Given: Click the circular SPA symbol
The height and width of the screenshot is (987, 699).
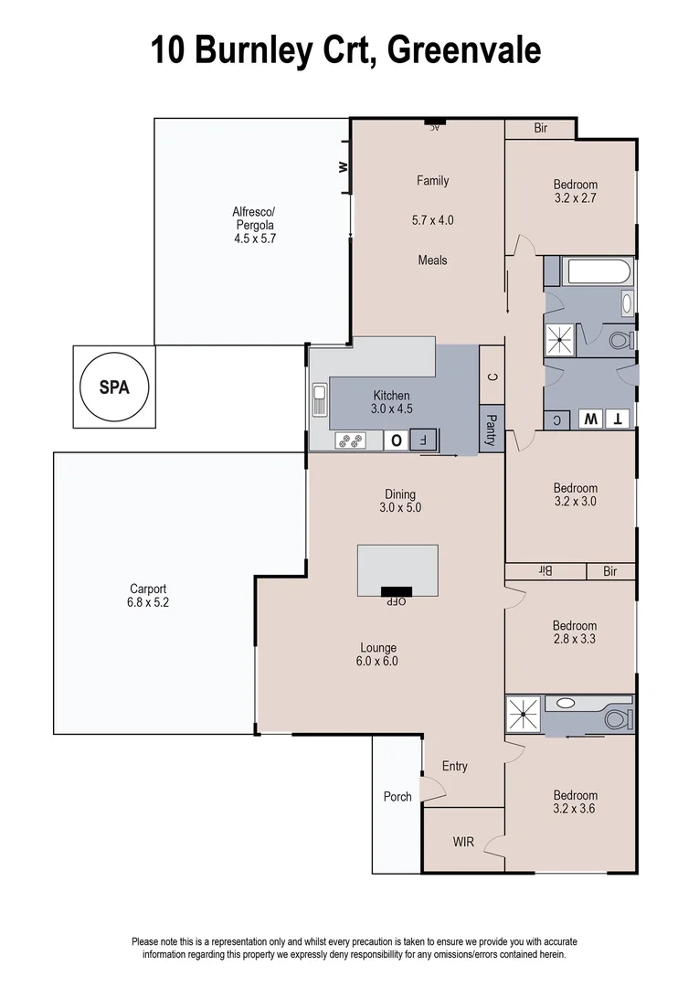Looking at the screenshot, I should point(114,386).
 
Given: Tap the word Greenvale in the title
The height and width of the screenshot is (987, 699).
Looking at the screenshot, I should point(464,50).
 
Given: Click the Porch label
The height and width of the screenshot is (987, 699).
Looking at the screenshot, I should point(397,797).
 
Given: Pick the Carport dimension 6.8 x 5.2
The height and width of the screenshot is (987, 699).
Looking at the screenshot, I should point(147,602).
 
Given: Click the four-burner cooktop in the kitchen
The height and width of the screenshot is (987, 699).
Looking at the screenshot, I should point(350,440).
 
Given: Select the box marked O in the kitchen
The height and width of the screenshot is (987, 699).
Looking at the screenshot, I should point(397,440).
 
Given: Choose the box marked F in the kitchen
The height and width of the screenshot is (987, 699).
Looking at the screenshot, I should point(423,440).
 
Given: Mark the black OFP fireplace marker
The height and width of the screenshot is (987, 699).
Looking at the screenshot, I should point(397,591).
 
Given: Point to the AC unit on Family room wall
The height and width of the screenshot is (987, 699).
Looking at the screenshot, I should point(434,122).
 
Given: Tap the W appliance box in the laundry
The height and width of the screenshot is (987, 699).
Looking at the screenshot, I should point(591,419).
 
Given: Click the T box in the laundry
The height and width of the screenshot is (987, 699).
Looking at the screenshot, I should point(619,419).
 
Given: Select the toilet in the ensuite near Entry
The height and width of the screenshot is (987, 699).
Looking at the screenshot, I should point(619,716).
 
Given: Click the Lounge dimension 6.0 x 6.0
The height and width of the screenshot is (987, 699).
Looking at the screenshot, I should point(377,661).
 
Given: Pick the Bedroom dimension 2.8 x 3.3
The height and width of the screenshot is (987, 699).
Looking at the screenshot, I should point(575,639).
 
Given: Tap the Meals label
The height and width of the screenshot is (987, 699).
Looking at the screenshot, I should point(432,260).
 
